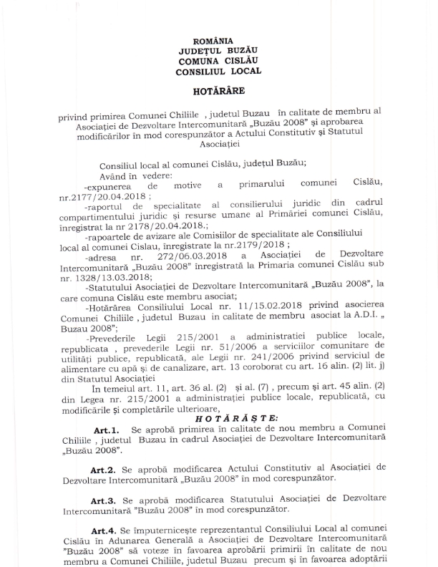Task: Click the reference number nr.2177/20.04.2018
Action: point(104,195)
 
